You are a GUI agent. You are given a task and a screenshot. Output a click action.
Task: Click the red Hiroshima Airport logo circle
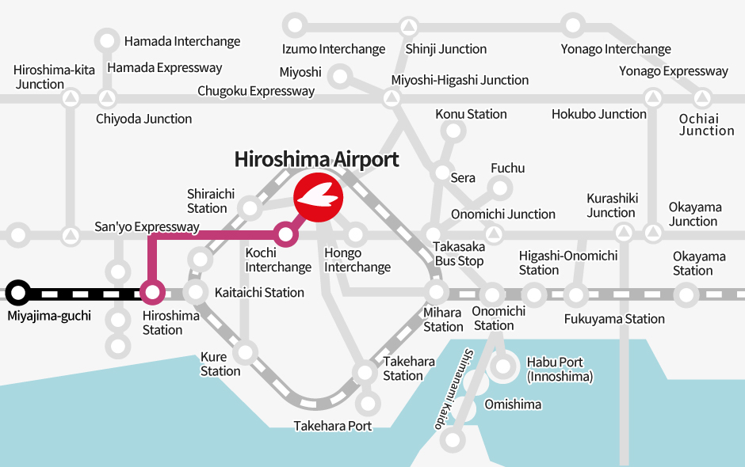(x=318, y=195)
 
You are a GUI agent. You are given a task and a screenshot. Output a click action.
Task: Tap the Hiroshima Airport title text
(x=316, y=159)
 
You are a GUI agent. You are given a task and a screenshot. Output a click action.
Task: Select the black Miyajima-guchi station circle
(x=18, y=293)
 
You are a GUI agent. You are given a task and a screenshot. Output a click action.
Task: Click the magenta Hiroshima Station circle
(x=153, y=293)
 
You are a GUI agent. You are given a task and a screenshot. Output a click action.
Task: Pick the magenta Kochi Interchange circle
(x=285, y=233)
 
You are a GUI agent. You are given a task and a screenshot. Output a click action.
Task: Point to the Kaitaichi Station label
(x=259, y=292)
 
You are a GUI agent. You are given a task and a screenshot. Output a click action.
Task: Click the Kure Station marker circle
(x=246, y=351)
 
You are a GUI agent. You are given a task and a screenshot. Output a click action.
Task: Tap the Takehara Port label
(x=332, y=426)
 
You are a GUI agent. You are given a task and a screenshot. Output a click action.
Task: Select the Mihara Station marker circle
(x=435, y=292)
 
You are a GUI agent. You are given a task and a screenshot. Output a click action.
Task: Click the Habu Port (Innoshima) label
(x=560, y=369)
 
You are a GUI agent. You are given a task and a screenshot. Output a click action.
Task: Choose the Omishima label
(x=513, y=404)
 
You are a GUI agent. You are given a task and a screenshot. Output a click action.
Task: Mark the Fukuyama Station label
(x=614, y=319)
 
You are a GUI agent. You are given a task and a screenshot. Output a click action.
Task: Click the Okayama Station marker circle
(x=686, y=294)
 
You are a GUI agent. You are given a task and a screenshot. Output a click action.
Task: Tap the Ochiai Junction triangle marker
(x=702, y=100)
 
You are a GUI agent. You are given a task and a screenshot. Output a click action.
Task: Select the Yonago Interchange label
(x=616, y=49)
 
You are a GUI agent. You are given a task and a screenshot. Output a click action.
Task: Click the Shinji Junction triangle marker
(x=409, y=26)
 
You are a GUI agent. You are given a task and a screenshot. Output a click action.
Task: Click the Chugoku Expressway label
(x=256, y=91)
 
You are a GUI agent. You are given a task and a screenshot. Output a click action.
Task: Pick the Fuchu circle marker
(x=501, y=188)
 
